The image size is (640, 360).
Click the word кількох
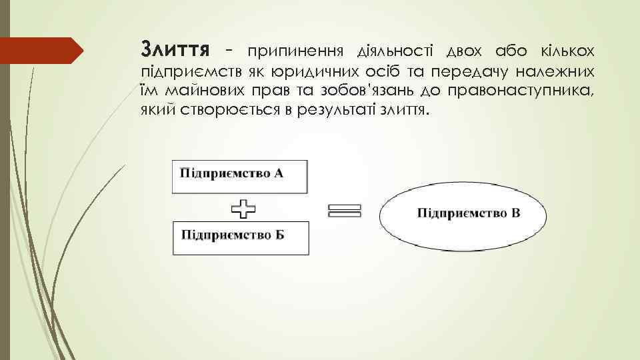click(561, 51)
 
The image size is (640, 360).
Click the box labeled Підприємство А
click(241, 176)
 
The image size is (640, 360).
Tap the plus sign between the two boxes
click(244, 209)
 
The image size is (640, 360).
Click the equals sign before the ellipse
click(345, 211)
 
